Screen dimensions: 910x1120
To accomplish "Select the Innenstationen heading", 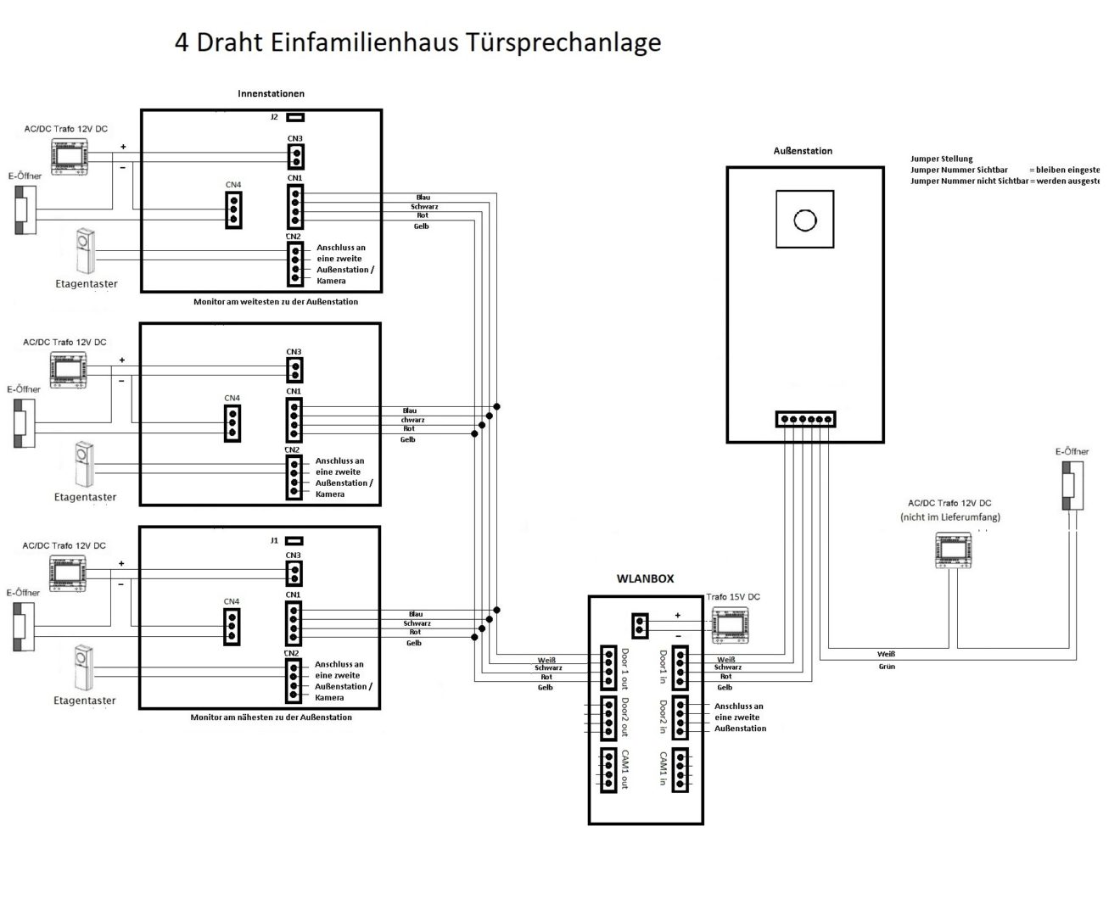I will click(271, 93).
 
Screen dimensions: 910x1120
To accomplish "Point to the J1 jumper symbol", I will click(294, 540).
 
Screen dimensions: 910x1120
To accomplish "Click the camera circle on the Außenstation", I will click(804, 221).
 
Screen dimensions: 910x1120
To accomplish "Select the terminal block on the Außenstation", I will click(805, 419).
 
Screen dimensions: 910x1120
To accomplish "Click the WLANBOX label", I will click(645, 578).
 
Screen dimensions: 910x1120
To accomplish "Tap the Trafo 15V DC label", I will click(733, 597).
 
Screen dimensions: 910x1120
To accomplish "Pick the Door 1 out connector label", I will click(625, 669).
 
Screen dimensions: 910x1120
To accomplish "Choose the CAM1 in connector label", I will click(663, 770).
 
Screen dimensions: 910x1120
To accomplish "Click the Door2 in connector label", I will click(663, 717).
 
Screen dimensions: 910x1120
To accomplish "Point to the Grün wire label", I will click(886, 667).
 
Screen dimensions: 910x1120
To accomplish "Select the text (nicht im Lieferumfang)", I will click(949, 516).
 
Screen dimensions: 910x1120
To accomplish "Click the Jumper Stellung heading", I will click(942, 159).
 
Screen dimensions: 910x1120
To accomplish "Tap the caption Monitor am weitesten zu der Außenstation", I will click(276, 302).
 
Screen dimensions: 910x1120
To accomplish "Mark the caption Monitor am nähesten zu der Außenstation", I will click(272, 717).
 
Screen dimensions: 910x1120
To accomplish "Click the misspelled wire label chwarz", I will click(412, 420).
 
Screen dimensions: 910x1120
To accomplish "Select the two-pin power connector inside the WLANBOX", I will click(641, 626).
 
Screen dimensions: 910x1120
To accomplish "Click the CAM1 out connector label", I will click(625, 770).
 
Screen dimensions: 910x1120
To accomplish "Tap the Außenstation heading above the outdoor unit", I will click(803, 151).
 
